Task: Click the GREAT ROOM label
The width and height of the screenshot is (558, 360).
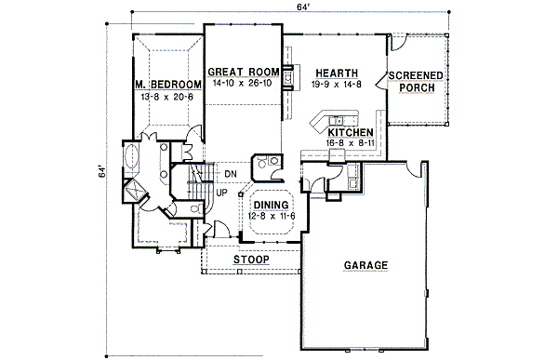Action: [x=244, y=72]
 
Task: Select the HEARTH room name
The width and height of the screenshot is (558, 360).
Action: [x=331, y=72]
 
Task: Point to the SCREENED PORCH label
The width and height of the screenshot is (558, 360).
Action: [x=416, y=82]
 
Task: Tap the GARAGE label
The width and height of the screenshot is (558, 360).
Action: [x=365, y=266]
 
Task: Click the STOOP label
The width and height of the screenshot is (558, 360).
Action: [x=251, y=260]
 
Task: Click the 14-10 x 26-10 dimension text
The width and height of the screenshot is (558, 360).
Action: [x=244, y=83]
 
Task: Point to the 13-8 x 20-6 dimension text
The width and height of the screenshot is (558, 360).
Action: [x=167, y=96]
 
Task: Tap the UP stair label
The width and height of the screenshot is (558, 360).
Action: [x=222, y=193]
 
